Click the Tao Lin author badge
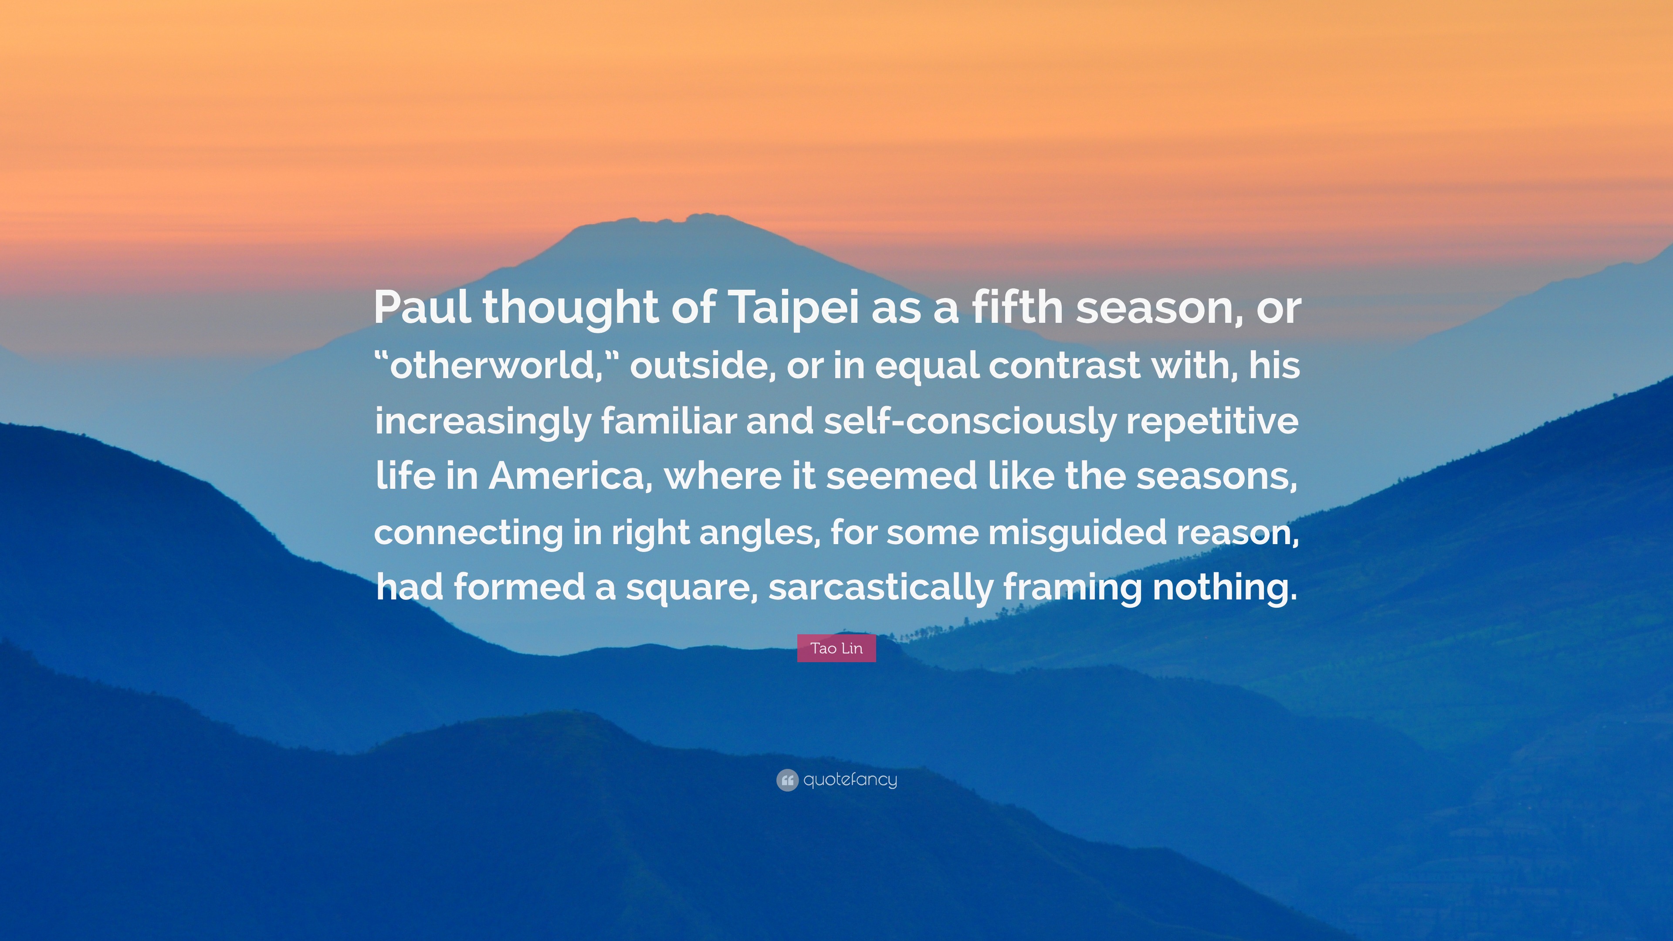tap(836, 648)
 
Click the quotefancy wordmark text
tap(850, 780)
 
